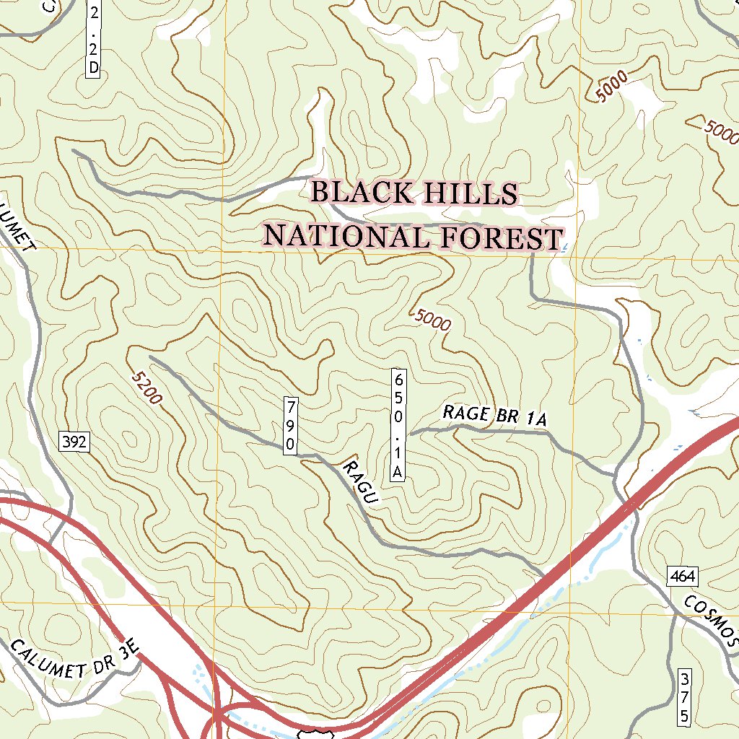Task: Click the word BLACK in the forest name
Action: tap(362, 193)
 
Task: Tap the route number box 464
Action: tap(682, 576)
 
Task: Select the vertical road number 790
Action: tap(290, 425)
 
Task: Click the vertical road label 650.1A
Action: tap(397, 424)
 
